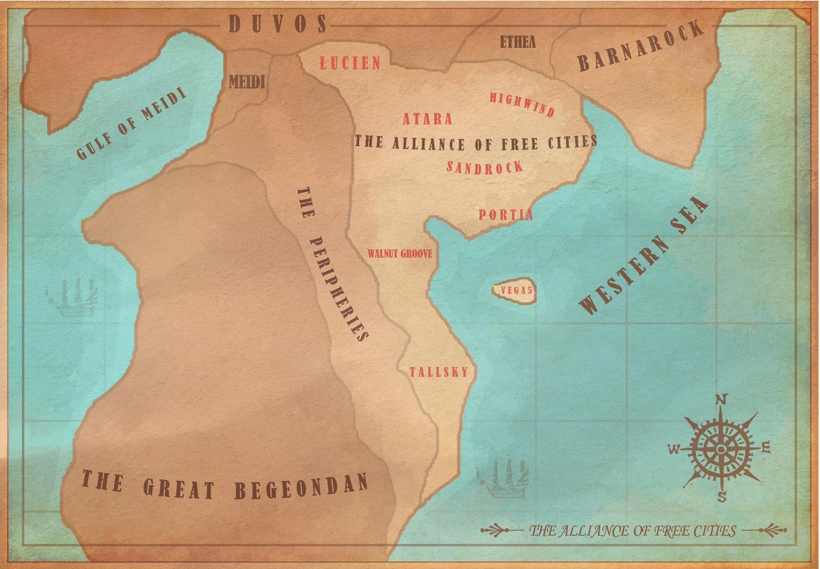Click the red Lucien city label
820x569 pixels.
coord(351,63)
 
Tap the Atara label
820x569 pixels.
coord(428,119)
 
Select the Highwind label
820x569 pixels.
coord(522,104)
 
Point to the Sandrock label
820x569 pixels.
coord(485,168)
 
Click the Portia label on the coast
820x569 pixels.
coord(506,215)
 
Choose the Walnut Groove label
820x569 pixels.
coord(400,254)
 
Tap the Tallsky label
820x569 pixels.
coord(439,372)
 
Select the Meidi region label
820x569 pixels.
coord(247,82)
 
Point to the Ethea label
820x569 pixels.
coord(517,42)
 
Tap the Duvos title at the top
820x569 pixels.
coord(278,24)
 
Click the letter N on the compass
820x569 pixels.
coord(722,399)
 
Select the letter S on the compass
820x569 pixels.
coord(722,497)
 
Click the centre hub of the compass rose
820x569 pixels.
coord(721,449)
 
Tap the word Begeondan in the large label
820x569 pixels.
coord(301,487)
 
